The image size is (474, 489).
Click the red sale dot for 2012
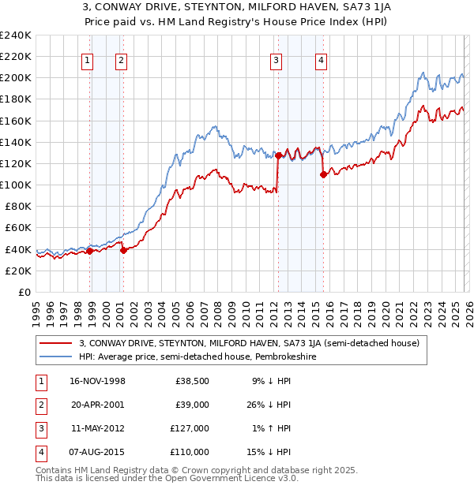point(278,156)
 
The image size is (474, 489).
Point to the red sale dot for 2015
point(323,174)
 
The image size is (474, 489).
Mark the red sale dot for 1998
point(90,251)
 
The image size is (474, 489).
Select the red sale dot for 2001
point(123,250)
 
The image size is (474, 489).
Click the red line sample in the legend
point(57,343)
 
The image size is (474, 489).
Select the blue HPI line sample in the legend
point(57,356)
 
